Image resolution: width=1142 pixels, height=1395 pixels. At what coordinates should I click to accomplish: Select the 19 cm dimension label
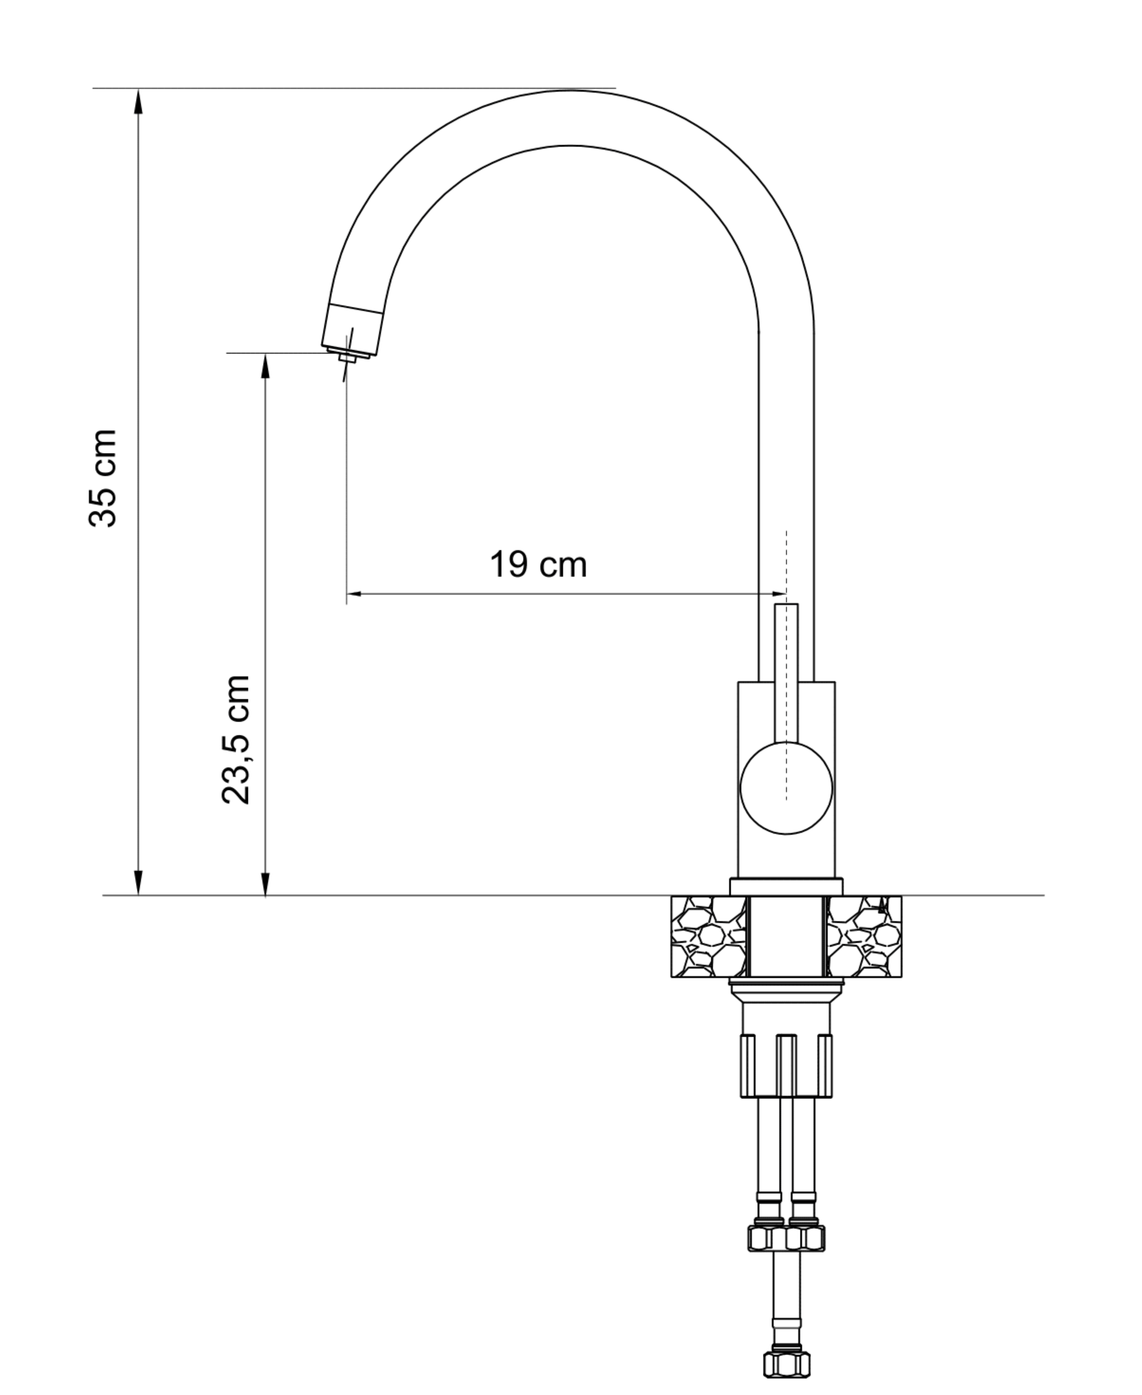538,565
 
